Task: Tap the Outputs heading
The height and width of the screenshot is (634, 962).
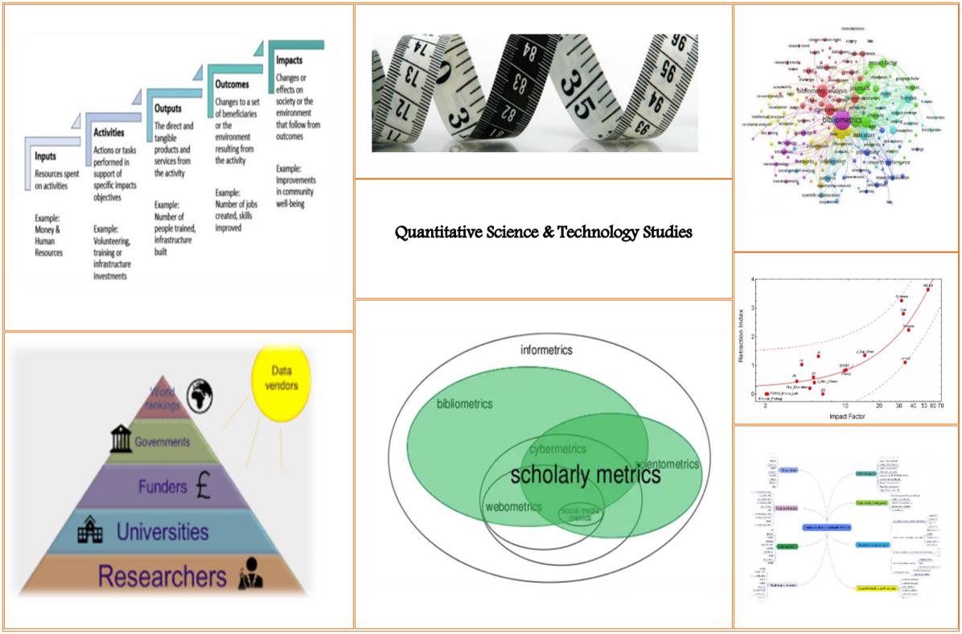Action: tap(168, 108)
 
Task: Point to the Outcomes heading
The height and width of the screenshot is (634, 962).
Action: tap(232, 83)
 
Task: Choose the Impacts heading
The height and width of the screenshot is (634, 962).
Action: tap(290, 60)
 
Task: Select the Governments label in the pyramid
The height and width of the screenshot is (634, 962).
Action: tap(162, 442)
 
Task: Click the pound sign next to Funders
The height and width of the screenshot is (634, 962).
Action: tap(203, 488)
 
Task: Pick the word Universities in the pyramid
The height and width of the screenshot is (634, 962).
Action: tap(162, 532)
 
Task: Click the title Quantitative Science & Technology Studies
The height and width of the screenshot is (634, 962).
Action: tap(543, 233)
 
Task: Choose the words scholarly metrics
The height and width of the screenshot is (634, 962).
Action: tap(585, 475)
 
